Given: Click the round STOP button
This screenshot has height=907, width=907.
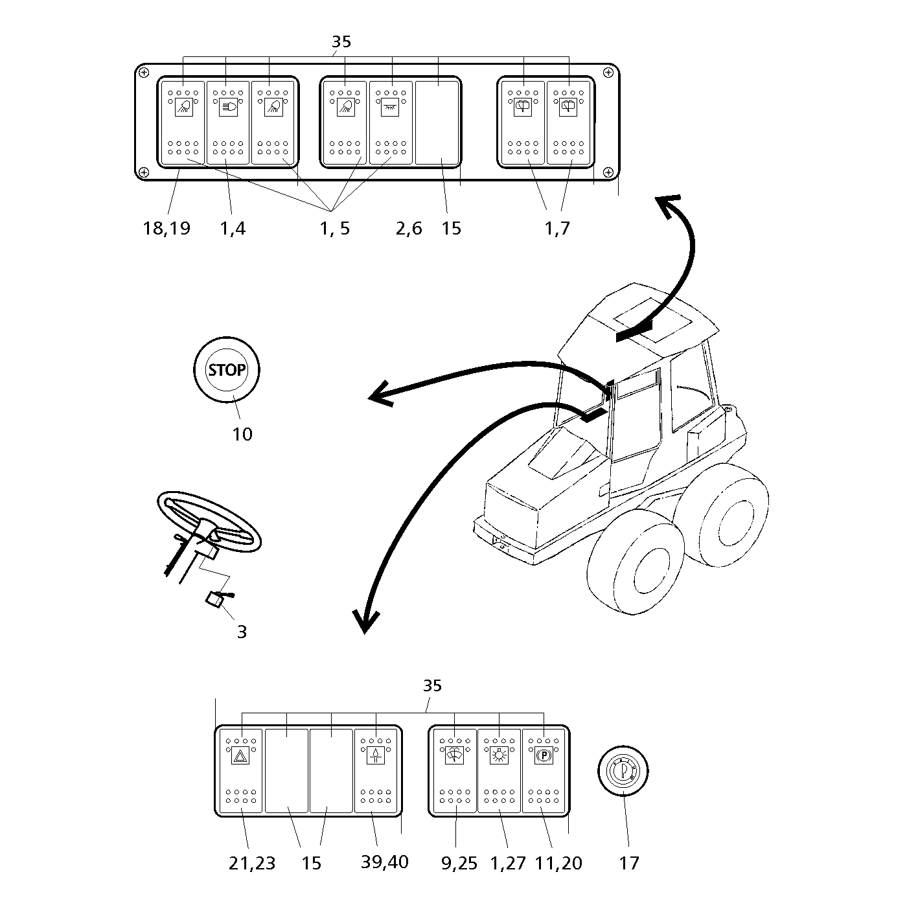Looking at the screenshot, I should click(x=227, y=370).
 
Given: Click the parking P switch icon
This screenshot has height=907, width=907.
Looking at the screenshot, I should click(x=543, y=756).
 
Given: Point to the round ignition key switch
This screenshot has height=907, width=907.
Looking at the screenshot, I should click(x=622, y=770).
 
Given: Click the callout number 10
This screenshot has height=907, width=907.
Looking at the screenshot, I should click(x=242, y=434).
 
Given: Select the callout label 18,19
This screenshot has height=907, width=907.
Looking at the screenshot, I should click(x=167, y=228).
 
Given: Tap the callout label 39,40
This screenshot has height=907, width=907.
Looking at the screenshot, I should click(x=385, y=862).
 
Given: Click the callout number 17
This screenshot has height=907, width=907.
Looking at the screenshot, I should click(x=628, y=863).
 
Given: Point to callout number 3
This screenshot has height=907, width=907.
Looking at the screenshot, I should click(x=242, y=632).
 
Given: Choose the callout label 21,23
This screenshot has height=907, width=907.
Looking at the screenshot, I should click(x=252, y=863).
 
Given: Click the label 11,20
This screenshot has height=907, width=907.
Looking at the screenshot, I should click(x=558, y=863).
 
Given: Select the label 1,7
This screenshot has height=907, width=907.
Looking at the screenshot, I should click(x=557, y=228).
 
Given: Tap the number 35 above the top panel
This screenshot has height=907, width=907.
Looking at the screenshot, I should click(x=341, y=42).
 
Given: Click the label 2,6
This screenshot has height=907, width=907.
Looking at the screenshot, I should click(x=409, y=228).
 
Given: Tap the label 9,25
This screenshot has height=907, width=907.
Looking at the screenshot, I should click(x=459, y=863).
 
